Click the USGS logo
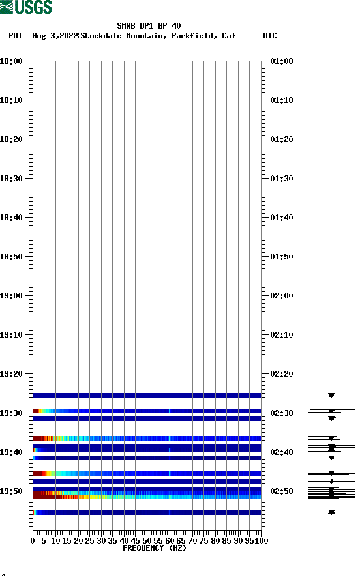tap(26, 7)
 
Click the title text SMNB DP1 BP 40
tap(149, 26)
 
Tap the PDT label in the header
tap(16, 36)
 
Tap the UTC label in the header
tap(269, 36)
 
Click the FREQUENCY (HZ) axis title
tap(154, 548)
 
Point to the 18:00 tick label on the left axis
tap(12, 61)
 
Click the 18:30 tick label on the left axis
tap(12, 179)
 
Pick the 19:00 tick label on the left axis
tap(12, 296)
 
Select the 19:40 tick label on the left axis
tap(12, 452)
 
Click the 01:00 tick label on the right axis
tap(281, 61)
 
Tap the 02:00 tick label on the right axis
tap(281, 296)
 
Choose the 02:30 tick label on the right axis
tap(281, 413)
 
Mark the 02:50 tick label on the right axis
tap(281, 491)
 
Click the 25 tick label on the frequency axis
tap(90, 540)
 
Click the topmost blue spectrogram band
tap(147, 395)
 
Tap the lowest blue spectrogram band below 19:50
tap(147, 512)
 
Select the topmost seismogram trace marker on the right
tap(331, 395)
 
